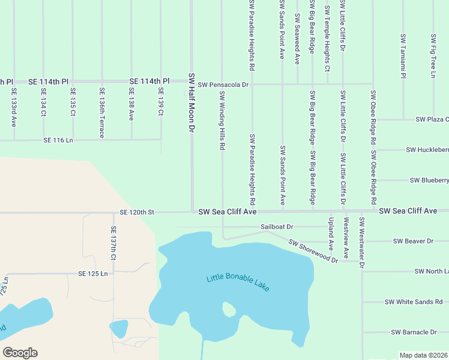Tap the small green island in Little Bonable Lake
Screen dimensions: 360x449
(x=229, y=310)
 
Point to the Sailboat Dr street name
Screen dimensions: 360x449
(x=277, y=227)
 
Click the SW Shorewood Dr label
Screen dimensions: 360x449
(x=313, y=251)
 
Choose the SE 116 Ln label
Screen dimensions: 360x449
(x=58, y=140)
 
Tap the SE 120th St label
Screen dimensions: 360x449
(x=137, y=212)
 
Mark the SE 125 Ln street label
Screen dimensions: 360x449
(x=92, y=274)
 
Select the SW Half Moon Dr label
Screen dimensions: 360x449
(x=192, y=103)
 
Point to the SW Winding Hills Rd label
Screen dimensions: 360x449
(x=222, y=121)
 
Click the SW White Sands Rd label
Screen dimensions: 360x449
(x=413, y=302)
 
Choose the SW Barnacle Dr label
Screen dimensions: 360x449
(x=414, y=332)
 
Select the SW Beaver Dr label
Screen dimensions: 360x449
(x=413, y=241)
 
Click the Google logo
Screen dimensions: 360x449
(x=20, y=353)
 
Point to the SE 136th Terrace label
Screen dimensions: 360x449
(x=102, y=113)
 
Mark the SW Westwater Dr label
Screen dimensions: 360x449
(x=362, y=242)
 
